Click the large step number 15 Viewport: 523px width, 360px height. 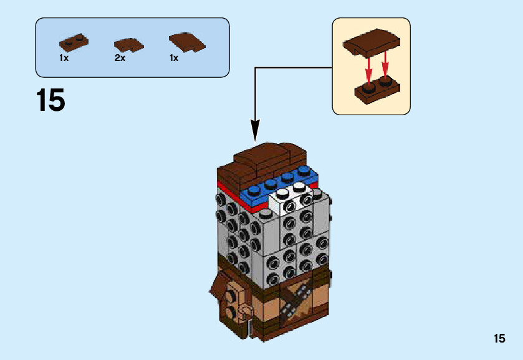point(50,100)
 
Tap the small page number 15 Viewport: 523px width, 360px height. point(499,339)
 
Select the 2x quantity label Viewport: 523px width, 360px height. point(120,58)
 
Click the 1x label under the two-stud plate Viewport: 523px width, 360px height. point(64,58)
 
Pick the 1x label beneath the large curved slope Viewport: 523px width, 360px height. point(173,58)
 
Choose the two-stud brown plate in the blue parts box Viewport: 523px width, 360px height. point(74,42)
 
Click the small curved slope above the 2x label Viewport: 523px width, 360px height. point(128,44)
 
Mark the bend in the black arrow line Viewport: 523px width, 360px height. point(256,67)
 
